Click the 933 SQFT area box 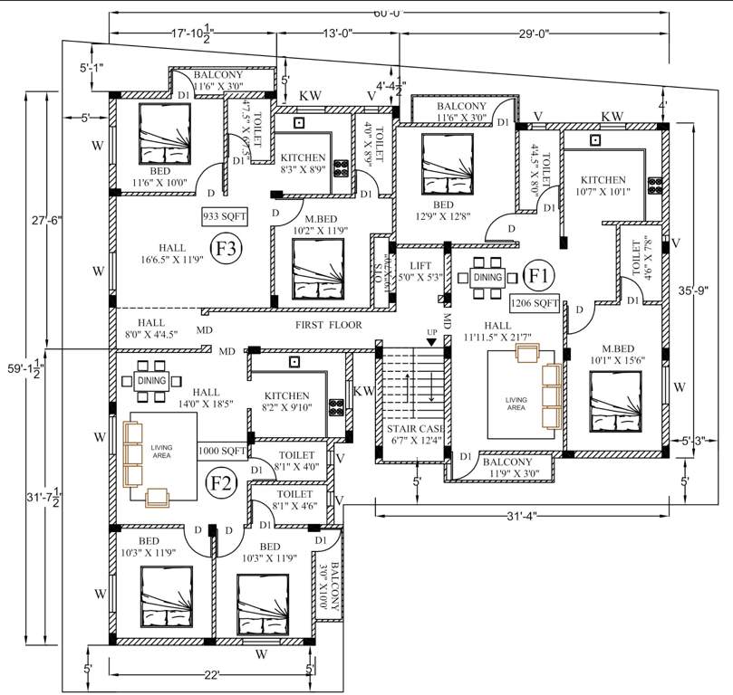coord(225,217)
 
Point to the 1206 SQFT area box coord(534,302)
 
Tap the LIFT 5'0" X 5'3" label coord(419,272)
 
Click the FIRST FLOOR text coord(328,325)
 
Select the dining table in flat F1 coord(487,278)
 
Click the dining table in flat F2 coord(151,382)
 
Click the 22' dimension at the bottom coord(212,675)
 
